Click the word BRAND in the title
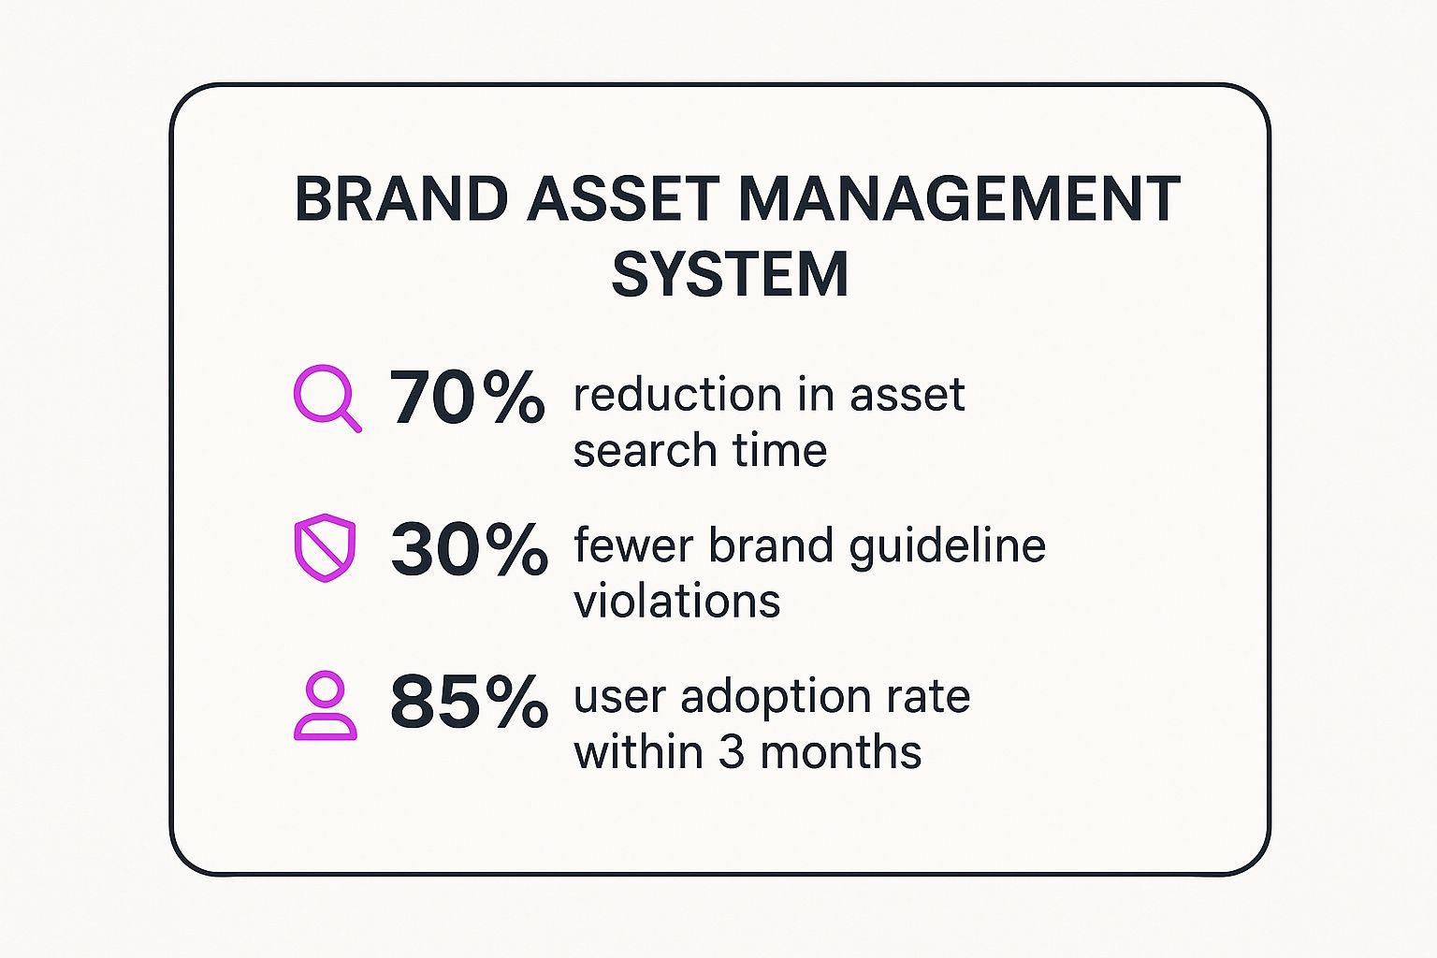coord(401,198)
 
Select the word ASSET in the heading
coord(623,198)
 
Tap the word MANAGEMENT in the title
coord(960,198)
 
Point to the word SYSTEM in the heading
coord(731,274)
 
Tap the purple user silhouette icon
coord(326,705)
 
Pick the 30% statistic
coord(469,548)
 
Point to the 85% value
coord(469,701)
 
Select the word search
coord(645,449)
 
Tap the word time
coord(780,449)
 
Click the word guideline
coord(947,546)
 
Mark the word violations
coord(676,602)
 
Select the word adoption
coord(775,698)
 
